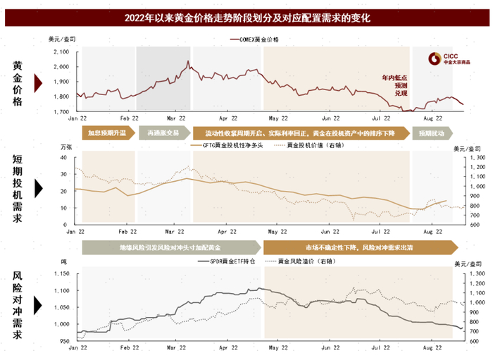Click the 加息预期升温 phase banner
108,132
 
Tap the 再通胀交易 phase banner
163,132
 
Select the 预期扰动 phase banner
432,132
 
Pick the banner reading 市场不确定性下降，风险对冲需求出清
358,247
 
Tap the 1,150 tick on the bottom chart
60,273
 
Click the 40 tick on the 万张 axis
63,157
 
